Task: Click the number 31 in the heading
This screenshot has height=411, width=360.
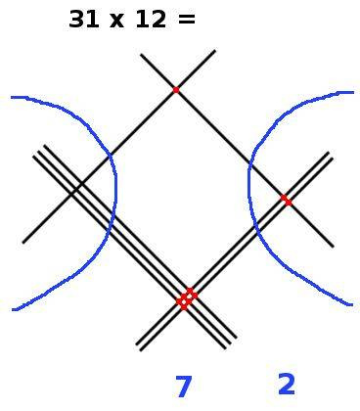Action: point(85,19)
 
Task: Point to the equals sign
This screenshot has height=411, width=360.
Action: point(187,20)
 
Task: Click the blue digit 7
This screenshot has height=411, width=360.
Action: point(183,388)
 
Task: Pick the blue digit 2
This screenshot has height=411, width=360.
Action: point(287,385)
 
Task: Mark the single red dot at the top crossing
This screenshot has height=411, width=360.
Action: point(176,90)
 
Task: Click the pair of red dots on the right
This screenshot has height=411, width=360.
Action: point(286,200)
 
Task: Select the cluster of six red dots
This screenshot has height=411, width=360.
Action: point(186,298)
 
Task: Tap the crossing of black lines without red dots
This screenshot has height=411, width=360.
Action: point(70,193)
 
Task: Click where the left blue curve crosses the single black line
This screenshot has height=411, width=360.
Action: point(110,156)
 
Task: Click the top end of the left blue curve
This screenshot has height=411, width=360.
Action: point(13,97)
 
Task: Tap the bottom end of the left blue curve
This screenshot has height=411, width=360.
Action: point(14,309)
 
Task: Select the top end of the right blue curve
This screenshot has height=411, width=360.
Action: point(351,93)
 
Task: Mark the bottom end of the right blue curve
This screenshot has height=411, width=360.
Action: point(351,305)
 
